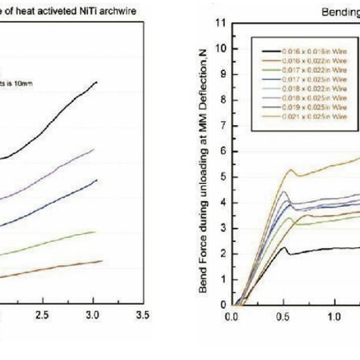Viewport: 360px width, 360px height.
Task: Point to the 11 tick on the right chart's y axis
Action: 219,23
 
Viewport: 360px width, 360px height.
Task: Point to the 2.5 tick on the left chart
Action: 43,315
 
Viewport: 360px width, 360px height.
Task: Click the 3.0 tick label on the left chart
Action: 93,315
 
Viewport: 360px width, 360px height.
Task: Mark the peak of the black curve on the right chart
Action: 283,247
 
